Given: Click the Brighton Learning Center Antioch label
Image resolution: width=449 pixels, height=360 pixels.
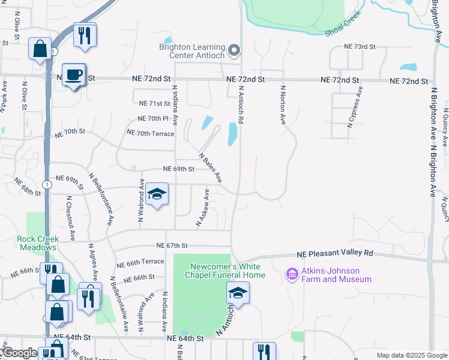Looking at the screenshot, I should coord(191,52).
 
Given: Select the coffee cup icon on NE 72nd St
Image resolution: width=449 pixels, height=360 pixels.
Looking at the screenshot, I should coord(74,75).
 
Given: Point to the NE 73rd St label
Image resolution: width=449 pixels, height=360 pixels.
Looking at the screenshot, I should coord(359,46).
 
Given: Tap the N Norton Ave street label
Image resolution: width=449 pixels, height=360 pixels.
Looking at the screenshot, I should coord(282,104).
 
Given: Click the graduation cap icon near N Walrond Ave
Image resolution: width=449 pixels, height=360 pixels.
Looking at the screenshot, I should coord(157,194).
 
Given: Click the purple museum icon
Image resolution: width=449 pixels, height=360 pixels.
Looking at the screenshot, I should coord(292,274).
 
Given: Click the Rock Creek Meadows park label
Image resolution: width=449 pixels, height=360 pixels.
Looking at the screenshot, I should coord(37,243).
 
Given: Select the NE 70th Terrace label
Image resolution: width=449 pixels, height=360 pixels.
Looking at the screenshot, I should coord(150,133).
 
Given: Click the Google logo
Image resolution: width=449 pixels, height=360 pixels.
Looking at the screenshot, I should coord(19,353).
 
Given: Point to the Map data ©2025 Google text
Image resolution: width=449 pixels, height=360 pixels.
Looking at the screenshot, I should coord(411,355).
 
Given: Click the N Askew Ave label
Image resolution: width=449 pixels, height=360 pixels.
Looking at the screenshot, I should coord(202,208).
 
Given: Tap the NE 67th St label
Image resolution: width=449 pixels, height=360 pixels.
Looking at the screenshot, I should coord(172,245).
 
